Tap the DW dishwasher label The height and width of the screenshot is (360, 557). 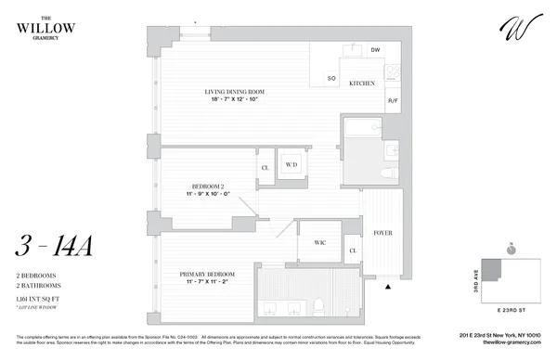click(x=376, y=49)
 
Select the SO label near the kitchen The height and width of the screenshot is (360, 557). click(x=329, y=80)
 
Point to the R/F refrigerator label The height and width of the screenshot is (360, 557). click(x=392, y=100)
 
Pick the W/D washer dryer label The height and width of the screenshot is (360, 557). click(x=291, y=165)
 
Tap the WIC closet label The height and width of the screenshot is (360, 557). click(x=320, y=243)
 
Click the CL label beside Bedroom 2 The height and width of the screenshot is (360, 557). click(x=265, y=168)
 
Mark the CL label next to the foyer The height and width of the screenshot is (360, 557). click(x=353, y=250)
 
